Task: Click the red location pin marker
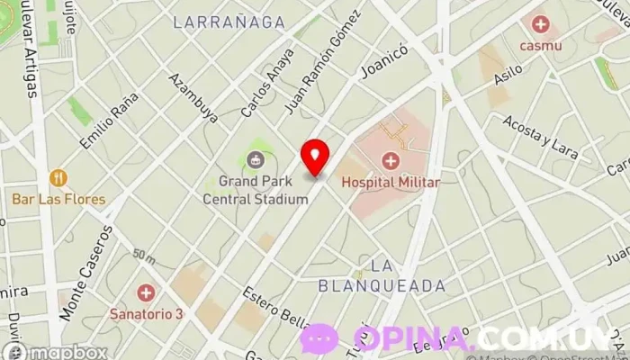[315, 156]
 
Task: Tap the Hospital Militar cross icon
[390, 161]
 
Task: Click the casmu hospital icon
[540, 24]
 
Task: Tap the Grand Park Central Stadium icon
[256, 161]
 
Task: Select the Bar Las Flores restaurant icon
[58, 177]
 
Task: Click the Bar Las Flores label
[58, 199]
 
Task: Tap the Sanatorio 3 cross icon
[146, 292]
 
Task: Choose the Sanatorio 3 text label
[146, 313]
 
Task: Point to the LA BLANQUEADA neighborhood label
[382, 276]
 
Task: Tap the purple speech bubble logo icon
[319, 339]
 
